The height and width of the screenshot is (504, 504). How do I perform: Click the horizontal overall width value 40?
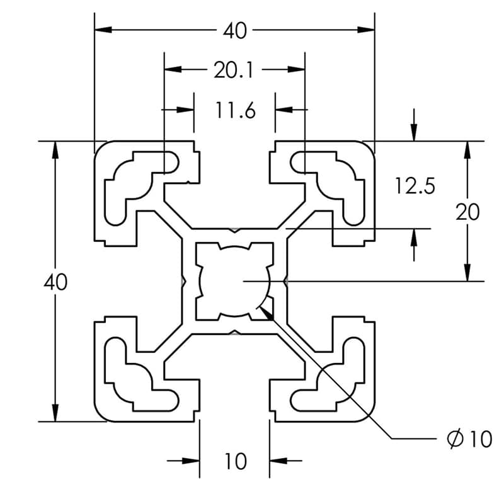coord(234,30)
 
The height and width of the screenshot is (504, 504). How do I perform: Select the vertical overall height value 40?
coord(55,282)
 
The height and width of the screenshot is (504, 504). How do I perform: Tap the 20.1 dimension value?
coord(233,71)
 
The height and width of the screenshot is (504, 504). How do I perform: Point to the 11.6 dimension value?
coord(235,112)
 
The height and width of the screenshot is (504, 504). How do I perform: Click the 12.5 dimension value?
coord(415,186)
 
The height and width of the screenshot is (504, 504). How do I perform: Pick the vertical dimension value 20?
coord(467,212)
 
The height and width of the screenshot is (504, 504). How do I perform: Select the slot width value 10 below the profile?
coord(235,462)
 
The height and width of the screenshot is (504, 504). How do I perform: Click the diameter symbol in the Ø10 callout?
coord(455,438)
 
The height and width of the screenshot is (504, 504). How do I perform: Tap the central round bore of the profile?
coord(234,281)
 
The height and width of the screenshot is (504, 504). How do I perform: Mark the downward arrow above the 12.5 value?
coord(414,132)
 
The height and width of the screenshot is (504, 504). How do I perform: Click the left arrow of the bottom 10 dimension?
coord(192,461)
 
